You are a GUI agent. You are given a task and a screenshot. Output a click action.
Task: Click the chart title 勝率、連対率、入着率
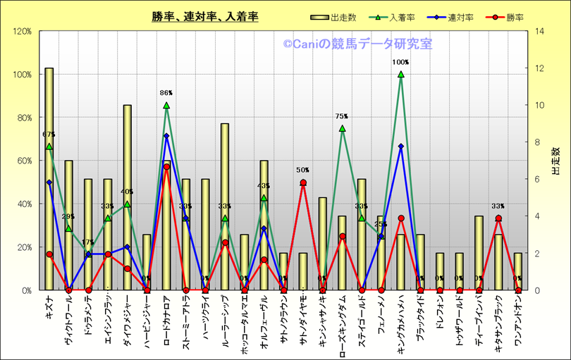pyautogui.click(x=204, y=17)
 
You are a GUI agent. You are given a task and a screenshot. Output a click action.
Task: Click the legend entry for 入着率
pyautogui.click(x=399, y=17)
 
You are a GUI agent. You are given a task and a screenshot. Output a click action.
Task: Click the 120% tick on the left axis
pyautogui.click(x=22, y=31)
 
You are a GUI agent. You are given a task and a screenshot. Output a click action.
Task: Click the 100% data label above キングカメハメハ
pyautogui.click(x=400, y=63)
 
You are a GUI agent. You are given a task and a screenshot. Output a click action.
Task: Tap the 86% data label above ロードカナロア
pyautogui.click(x=166, y=93)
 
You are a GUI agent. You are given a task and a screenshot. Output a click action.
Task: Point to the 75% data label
pyautogui.click(x=342, y=116)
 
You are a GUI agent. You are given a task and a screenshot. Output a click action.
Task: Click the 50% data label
pyautogui.click(x=303, y=170)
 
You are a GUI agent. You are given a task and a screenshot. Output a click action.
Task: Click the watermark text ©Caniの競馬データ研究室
pyautogui.click(x=358, y=44)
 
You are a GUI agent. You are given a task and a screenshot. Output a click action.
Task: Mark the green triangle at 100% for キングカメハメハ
pyautogui.click(x=401, y=74)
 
